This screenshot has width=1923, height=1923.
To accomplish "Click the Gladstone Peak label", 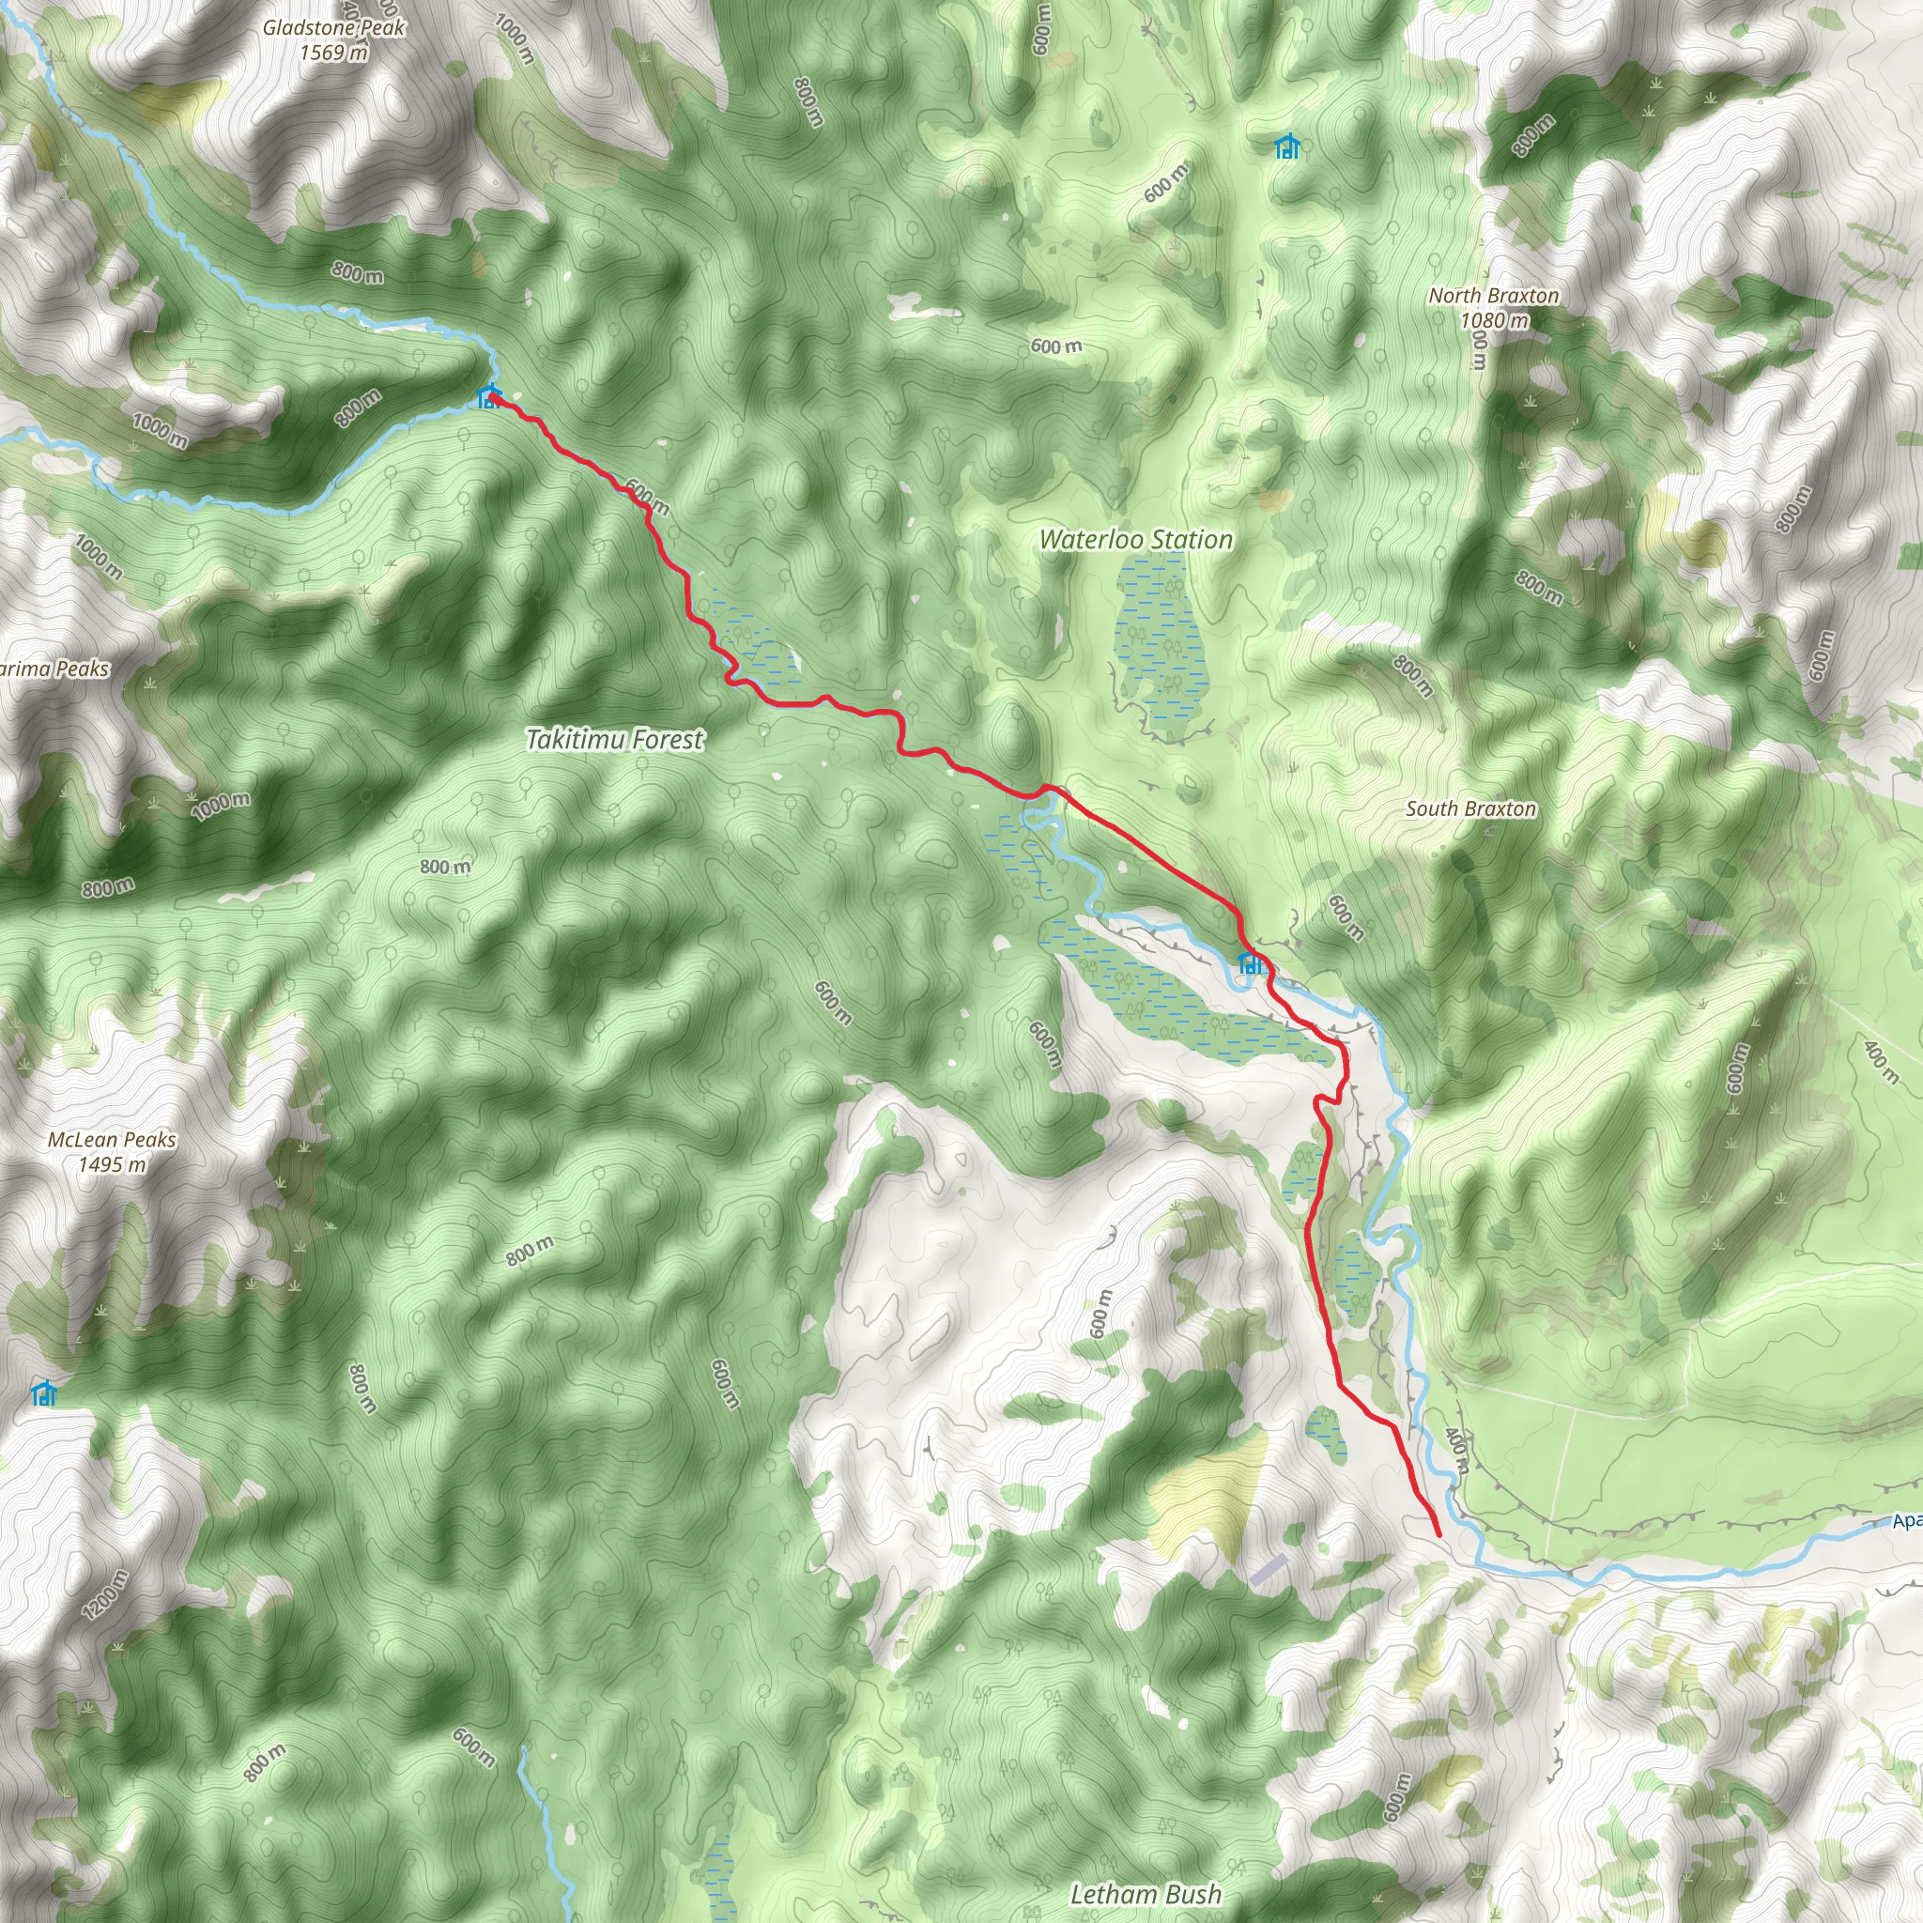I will [333, 28].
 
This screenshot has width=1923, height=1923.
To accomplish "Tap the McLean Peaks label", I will [112, 1140].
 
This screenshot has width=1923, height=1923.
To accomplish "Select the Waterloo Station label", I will [1136, 540].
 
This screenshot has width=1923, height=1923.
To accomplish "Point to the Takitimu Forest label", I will [614, 740].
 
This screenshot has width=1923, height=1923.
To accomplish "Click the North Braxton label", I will [1493, 296].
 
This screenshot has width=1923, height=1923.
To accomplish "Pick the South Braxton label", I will [1470, 808].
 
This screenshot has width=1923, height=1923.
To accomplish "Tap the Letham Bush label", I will [1145, 1893].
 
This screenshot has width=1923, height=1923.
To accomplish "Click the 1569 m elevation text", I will [333, 53].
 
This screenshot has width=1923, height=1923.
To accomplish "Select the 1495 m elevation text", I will [112, 1164].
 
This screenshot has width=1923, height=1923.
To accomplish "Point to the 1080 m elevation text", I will [1493, 320].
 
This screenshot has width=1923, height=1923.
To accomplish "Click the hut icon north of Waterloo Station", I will [1287, 147].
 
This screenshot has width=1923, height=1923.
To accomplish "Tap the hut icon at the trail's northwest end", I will [487, 397].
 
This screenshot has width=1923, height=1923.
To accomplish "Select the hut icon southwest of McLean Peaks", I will [43, 1393].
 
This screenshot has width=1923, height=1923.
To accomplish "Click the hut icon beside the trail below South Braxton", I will [1249, 962].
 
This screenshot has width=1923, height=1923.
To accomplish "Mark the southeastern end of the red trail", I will [1439, 1536].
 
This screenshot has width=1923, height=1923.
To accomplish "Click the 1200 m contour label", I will [105, 1594].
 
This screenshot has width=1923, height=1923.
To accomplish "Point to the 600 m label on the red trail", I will [647, 496].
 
